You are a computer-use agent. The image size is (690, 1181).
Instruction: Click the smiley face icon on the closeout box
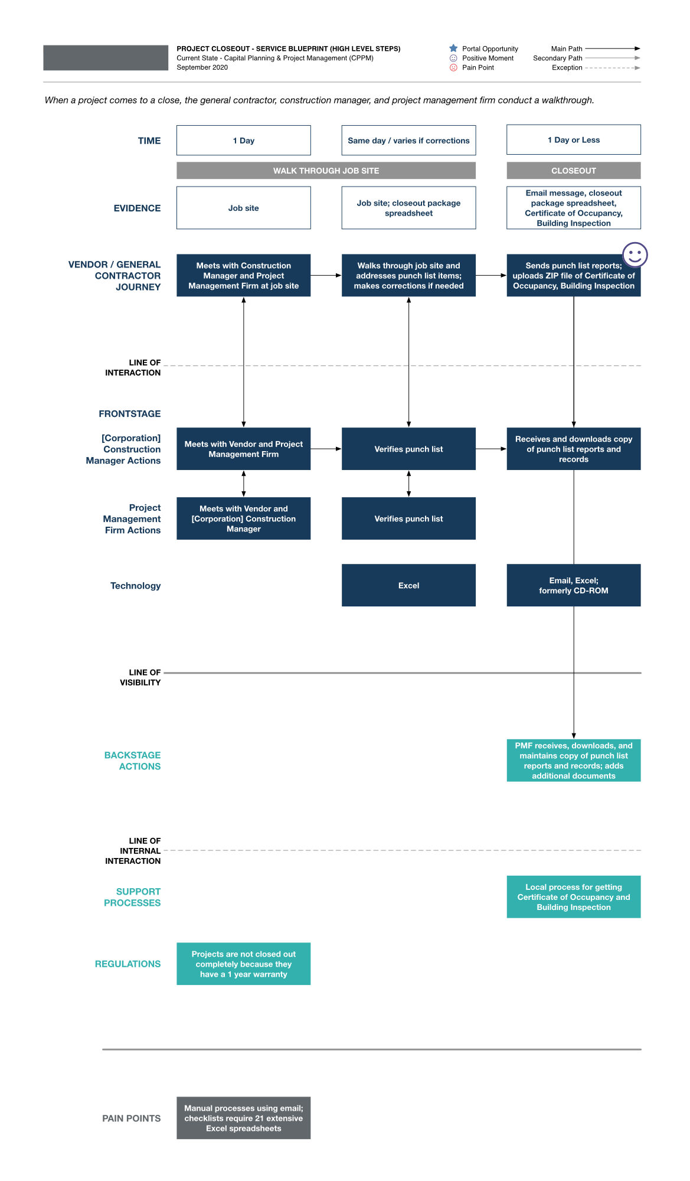click(x=635, y=255)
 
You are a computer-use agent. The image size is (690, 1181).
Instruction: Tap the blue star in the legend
click(x=453, y=48)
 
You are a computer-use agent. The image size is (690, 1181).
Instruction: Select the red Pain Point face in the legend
click(x=453, y=67)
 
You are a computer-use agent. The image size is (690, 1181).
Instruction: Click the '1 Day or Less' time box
click(x=573, y=140)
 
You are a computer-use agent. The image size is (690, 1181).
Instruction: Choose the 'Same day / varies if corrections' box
click(x=408, y=141)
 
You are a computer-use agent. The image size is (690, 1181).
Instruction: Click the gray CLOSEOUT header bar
click(x=573, y=171)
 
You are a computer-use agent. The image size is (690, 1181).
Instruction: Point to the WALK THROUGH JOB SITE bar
click(x=326, y=171)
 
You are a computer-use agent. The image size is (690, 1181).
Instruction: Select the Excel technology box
click(x=408, y=585)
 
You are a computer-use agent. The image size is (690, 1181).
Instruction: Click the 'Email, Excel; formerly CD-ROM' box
click(x=573, y=585)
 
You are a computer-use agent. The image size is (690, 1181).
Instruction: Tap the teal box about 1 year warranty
click(x=243, y=964)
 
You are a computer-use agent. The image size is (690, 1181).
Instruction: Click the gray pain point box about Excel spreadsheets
click(x=243, y=1118)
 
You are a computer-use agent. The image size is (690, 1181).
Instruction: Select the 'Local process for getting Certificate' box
click(x=573, y=897)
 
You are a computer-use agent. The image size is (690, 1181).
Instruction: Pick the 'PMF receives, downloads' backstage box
click(x=573, y=761)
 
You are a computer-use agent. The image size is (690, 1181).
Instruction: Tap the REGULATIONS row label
click(x=127, y=964)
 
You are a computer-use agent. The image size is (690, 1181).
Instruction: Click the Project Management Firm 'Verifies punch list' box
click(x=408, y=518)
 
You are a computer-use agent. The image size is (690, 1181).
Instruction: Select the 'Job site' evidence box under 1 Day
click(x=243, y=208)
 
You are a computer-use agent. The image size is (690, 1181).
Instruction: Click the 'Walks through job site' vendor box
click(x=408, y=276)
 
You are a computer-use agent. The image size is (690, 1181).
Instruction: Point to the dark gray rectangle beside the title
click(x=106, y=58)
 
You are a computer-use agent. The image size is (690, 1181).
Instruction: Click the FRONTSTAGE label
click(x=130, y=414)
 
